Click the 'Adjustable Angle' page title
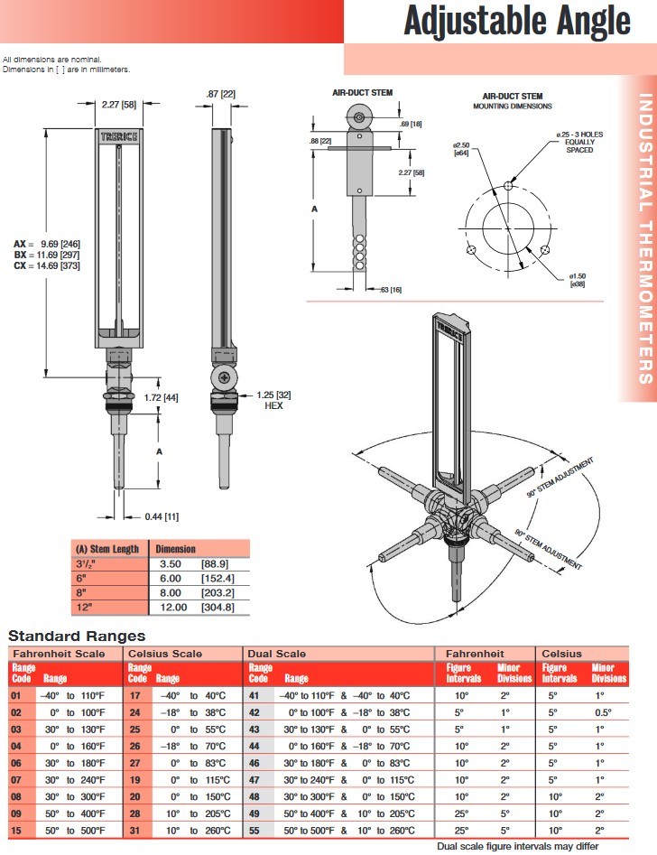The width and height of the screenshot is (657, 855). (x=517, y=22)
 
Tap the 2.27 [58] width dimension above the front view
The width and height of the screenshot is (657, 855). (x=119, y=104)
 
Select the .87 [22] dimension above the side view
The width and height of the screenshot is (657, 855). (x=221, y=94)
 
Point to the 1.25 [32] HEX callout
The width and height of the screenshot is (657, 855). (x=273, y=400)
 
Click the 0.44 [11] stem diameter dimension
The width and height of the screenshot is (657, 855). (x=162, y=516)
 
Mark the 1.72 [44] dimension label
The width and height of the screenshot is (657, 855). (x=161, y=397)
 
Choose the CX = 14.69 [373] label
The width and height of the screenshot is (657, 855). (x=47, y=266)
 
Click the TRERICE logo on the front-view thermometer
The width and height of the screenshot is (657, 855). (x=119, y=136)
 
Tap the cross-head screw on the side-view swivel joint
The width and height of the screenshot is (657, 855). (x=224, y=377)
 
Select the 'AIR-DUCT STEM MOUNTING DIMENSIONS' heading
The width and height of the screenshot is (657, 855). (x=513, y=101)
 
